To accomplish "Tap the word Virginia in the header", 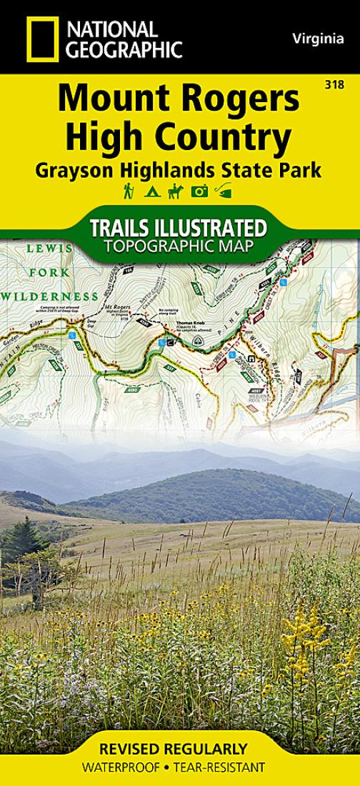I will point(318,39).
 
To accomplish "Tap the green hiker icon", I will point(129,191).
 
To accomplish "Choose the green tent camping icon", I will point(151,191).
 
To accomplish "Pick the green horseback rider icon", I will point(175,191).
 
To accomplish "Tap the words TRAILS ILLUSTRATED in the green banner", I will point(179,229).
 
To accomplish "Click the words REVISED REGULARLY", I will point(174,750).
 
